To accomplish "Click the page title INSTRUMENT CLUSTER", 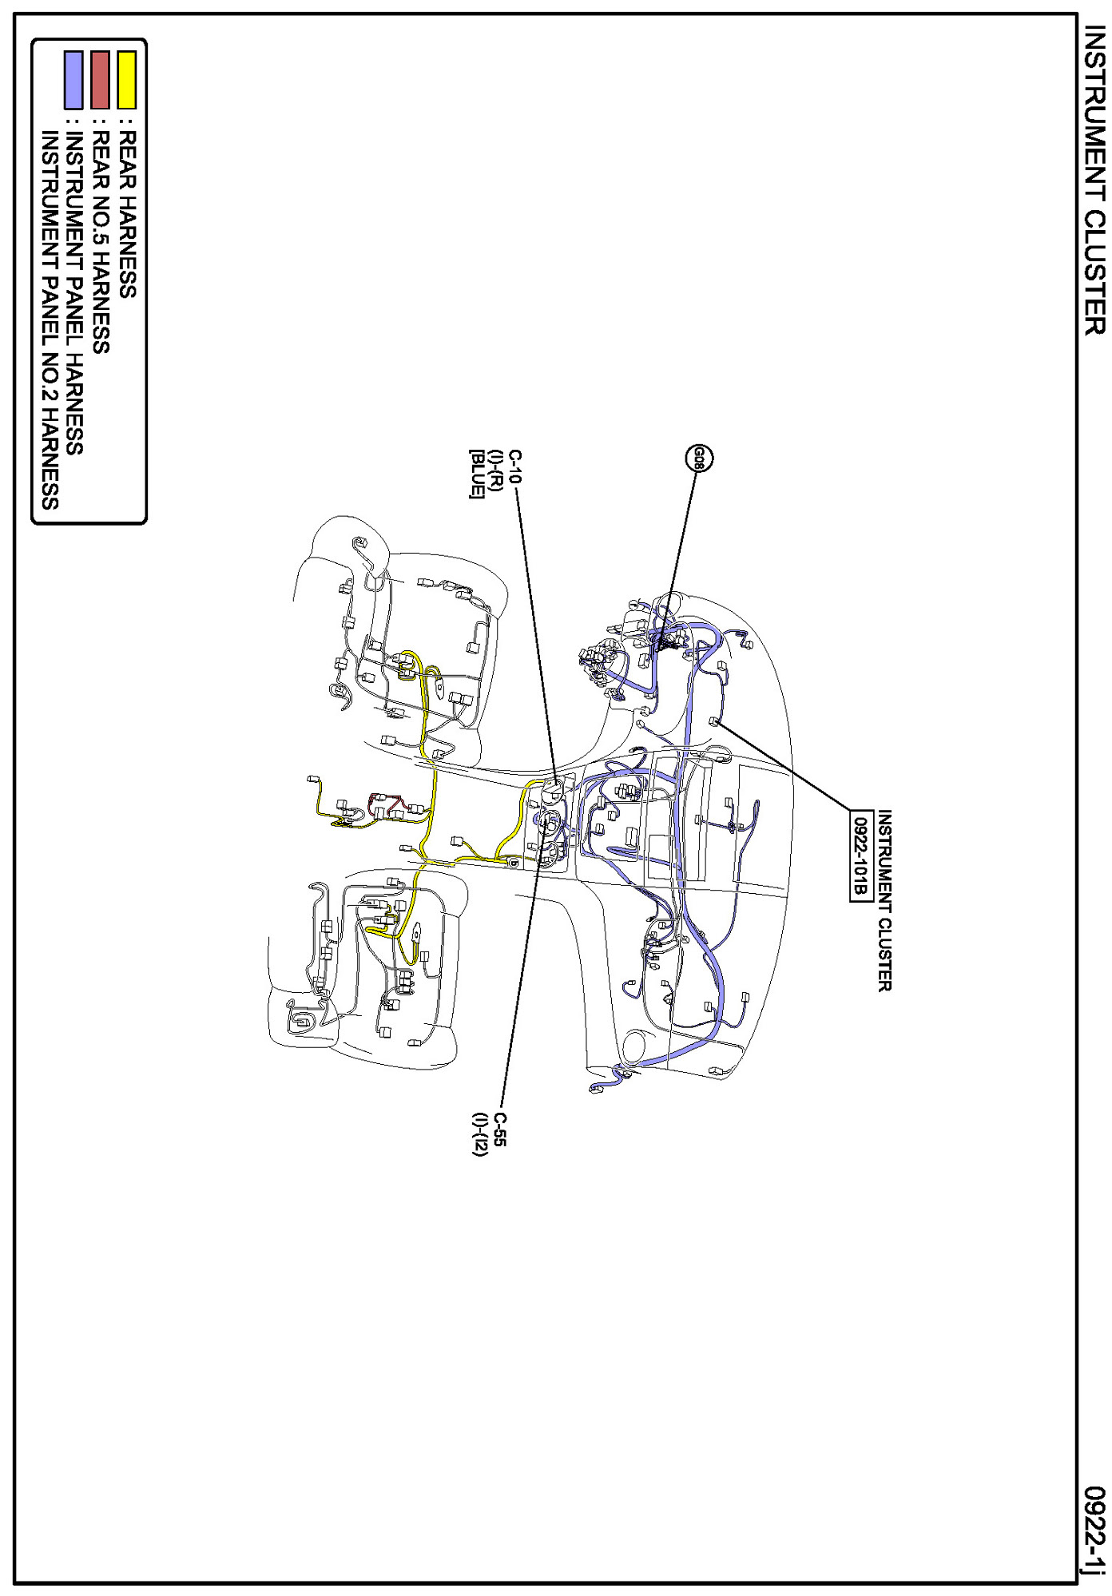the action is pos(1094,181).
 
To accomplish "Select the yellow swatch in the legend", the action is pos(126,80).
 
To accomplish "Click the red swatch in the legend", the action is pos(100,80).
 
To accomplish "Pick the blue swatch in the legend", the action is pos(73,80).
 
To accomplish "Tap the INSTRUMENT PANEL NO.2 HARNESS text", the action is pos(50,320).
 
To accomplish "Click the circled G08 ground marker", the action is pos(699,458).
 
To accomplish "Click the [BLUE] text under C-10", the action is pos(477,474).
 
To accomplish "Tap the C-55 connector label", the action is pos(499,1130).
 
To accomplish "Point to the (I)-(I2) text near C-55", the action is pos(479,1134).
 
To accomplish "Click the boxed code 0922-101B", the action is pos(860,856).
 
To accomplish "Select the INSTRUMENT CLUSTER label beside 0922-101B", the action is pos(884,901).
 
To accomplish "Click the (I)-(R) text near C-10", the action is pos(496,470).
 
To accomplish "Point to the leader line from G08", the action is pos(677,562).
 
